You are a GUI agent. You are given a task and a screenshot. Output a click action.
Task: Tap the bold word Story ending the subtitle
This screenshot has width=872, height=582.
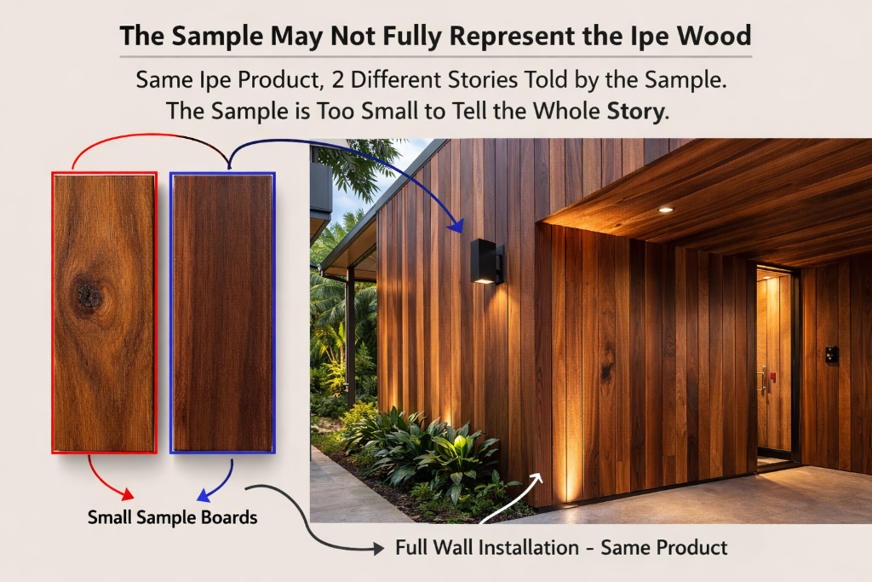point(635,112)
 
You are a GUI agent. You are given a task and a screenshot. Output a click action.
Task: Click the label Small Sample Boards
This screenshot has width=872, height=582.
point(172,517)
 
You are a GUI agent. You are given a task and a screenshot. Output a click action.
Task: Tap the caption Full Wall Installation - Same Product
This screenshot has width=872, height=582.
point(561,547)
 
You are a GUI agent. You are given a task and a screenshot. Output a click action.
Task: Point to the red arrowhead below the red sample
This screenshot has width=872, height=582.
point(128,493)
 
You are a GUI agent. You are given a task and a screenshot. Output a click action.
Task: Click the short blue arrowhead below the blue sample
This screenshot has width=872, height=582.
point(204,494)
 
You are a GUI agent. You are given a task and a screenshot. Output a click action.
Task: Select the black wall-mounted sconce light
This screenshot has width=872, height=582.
point(486,261)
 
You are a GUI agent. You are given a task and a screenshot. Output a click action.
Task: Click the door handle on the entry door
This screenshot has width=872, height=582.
point(763,380)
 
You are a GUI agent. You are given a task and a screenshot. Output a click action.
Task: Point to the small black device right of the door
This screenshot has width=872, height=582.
point(830,354)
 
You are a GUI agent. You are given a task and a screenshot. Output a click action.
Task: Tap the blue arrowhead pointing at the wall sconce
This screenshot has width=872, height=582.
point(456,227)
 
